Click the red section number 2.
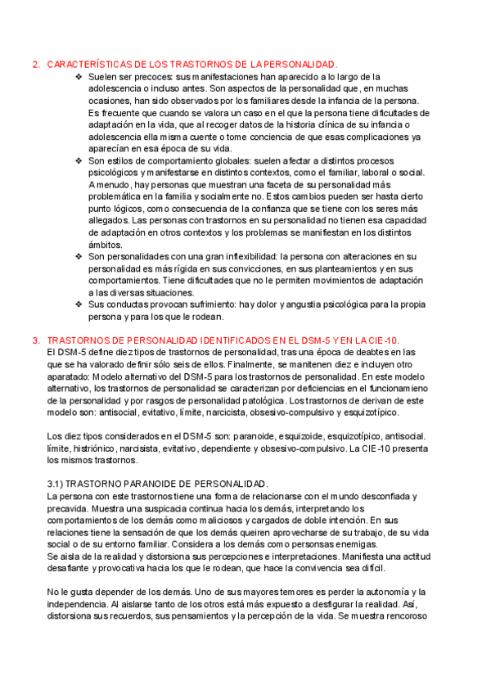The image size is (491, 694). (x=34, y=64)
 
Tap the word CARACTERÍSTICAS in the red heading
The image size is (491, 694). (x=88, y=64)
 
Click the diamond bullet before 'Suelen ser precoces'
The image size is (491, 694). (x=79, y=76)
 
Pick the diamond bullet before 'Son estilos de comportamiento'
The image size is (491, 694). (x=79, y=161)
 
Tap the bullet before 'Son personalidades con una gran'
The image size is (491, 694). (x=79, y=256)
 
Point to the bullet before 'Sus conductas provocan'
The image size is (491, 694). (x=79, y=304)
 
